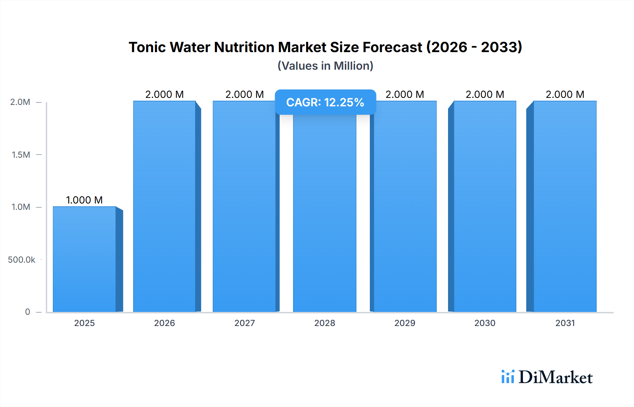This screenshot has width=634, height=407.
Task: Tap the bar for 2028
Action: [x=324, y=211]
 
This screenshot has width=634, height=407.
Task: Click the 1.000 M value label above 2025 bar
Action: [x=84, y=200]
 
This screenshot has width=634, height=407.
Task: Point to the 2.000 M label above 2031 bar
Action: [x=565, y=94]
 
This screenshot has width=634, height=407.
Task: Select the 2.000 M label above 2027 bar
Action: [x=244, y=94]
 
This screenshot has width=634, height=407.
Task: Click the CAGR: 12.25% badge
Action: [x=325, y=102]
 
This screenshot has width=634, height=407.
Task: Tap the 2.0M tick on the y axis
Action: [x=20, y=102]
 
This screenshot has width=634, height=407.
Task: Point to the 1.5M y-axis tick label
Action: [x=21, y=155]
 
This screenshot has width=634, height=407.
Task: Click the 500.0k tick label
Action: [x=21, y=259]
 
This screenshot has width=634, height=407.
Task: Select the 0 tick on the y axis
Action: [x=27, y=312]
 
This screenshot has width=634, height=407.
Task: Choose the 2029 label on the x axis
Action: [x=405, y=323]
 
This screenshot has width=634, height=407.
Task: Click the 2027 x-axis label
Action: [x=244, y=323]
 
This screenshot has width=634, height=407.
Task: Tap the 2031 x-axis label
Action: [x=565, y=323]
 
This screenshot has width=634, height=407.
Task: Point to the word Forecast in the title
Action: [x=392, y=47]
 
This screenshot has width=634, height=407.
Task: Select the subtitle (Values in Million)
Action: [x=325, y=66]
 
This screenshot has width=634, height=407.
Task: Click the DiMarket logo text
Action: [x=555, y=377]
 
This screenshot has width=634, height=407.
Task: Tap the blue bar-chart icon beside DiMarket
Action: [x=508, y=377]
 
